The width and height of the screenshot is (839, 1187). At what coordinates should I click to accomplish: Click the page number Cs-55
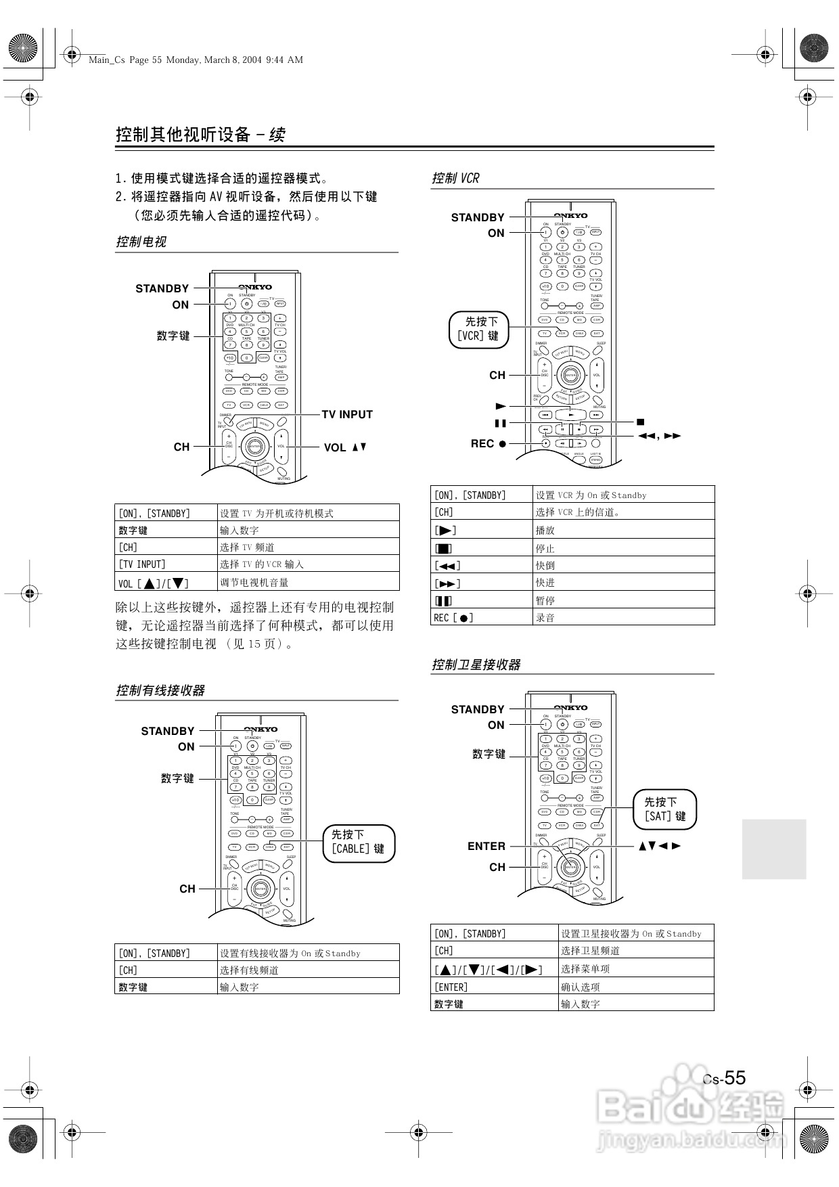click(x=725, y=1078)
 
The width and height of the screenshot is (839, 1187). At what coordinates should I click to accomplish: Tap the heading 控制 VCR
click(x=455, y=178)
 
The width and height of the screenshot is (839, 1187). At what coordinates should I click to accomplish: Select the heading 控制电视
click(x=141, y=242)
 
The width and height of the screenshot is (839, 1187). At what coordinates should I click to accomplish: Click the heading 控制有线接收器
click(x=160, y=690)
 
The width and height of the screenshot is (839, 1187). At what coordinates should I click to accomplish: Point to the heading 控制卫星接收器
click(x=476, y=665)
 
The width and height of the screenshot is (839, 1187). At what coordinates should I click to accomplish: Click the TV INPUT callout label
click(x=347, y=414)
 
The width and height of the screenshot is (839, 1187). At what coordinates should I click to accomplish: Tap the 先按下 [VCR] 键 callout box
click(x=478, y=329)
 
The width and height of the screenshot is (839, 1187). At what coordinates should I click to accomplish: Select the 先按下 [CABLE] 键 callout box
click(x=358, y=842)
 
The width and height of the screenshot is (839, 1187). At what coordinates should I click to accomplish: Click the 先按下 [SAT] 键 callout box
click(x=665, y=809)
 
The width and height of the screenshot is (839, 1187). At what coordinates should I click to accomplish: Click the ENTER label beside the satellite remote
click(x=486, y=846)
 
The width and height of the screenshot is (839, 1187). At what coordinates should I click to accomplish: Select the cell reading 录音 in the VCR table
click(x=545, y=617)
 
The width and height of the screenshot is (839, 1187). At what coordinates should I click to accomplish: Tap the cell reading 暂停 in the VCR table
click(x=545, y=600)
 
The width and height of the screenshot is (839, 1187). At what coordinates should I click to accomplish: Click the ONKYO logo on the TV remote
click(x=255, y=287)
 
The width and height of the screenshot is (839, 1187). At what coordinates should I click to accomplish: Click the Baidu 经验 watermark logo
click(x=690, y=1110)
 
